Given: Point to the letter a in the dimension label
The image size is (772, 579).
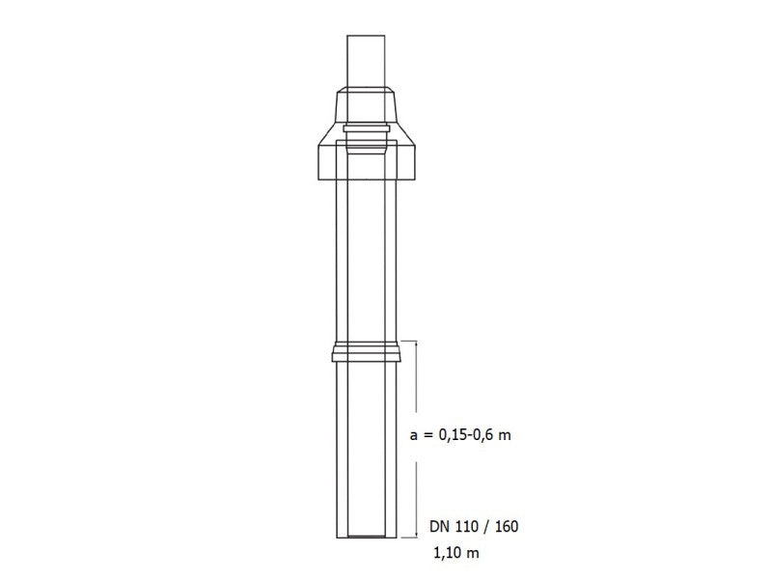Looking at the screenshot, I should coord(414,436).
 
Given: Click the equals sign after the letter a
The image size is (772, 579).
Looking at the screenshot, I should coord(427,436).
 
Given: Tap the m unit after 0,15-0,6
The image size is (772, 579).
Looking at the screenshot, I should coord(505,436).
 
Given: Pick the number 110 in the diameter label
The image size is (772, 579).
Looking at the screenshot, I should coord(467,528).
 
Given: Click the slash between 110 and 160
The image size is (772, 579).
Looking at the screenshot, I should coord(488,528).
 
